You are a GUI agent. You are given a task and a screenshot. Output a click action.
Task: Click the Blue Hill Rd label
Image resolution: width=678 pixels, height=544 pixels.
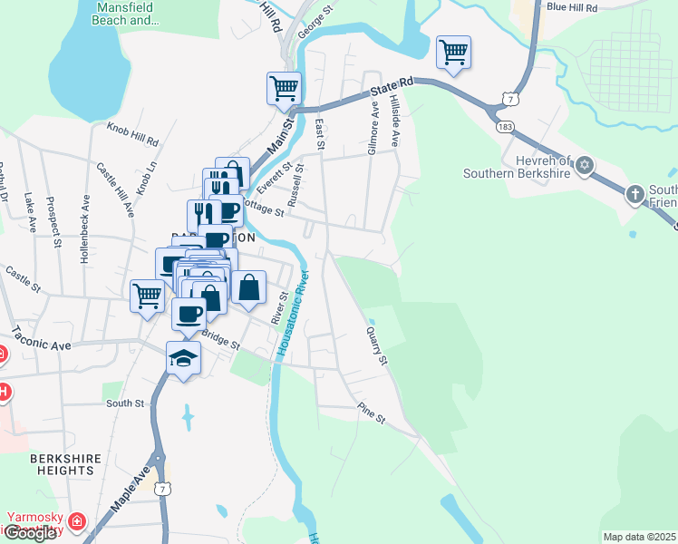coord(572,7)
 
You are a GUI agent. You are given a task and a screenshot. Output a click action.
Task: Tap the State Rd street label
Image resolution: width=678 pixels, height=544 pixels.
coord(392,86)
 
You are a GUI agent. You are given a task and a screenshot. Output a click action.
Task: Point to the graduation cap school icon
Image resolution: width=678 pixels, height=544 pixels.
coord(183,356)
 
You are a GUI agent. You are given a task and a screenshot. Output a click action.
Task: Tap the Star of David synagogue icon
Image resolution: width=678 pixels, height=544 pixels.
coord(585,165)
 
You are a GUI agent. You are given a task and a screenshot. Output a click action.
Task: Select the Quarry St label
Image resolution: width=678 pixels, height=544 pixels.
coord(377,346)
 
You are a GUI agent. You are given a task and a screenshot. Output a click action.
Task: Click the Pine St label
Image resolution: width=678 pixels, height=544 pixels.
coord(372,413)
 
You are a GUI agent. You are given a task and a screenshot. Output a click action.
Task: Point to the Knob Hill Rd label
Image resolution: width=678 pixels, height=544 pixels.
coord(132,135)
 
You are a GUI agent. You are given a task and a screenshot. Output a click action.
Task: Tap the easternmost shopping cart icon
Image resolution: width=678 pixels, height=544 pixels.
coord(453,52)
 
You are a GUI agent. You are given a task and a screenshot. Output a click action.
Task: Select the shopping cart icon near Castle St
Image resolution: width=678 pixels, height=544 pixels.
coord(147,296)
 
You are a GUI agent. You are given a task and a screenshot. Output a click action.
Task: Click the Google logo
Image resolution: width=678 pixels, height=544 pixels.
coord(29,533)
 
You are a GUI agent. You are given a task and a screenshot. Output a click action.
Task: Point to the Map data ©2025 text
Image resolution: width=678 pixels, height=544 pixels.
coord(640,537)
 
